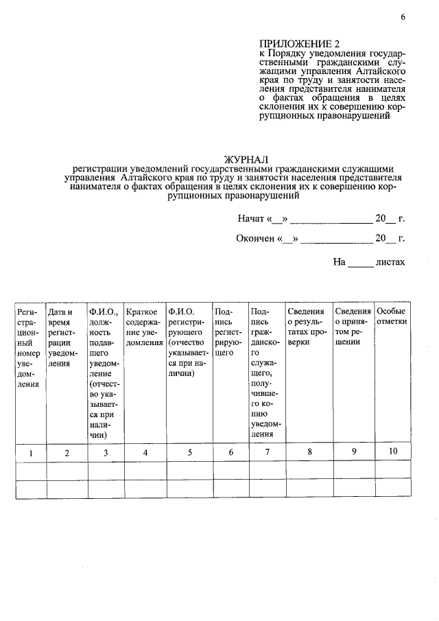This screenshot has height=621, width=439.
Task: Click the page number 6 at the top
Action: click(x=403, y=18)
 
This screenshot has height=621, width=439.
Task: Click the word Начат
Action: click(x=251, y=219)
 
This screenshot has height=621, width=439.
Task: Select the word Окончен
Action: click(x=257, y=239)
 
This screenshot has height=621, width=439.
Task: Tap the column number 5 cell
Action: click(x=189, y=453)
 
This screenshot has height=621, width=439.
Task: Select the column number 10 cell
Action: click(x=392, y=452)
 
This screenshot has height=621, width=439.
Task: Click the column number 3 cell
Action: click(x=105, y=453)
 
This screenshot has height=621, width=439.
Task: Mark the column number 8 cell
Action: click(x=309, y=452)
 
